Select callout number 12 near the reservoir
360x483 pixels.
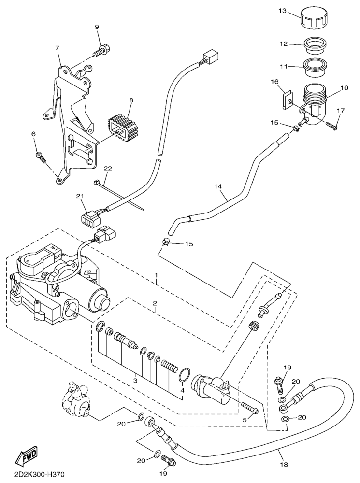click(284, 44)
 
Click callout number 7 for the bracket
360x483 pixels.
click(58, 48)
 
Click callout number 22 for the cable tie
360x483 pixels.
click(107, 169)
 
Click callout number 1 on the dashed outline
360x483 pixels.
click(156, 275)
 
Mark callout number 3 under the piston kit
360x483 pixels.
click(135, 381)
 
